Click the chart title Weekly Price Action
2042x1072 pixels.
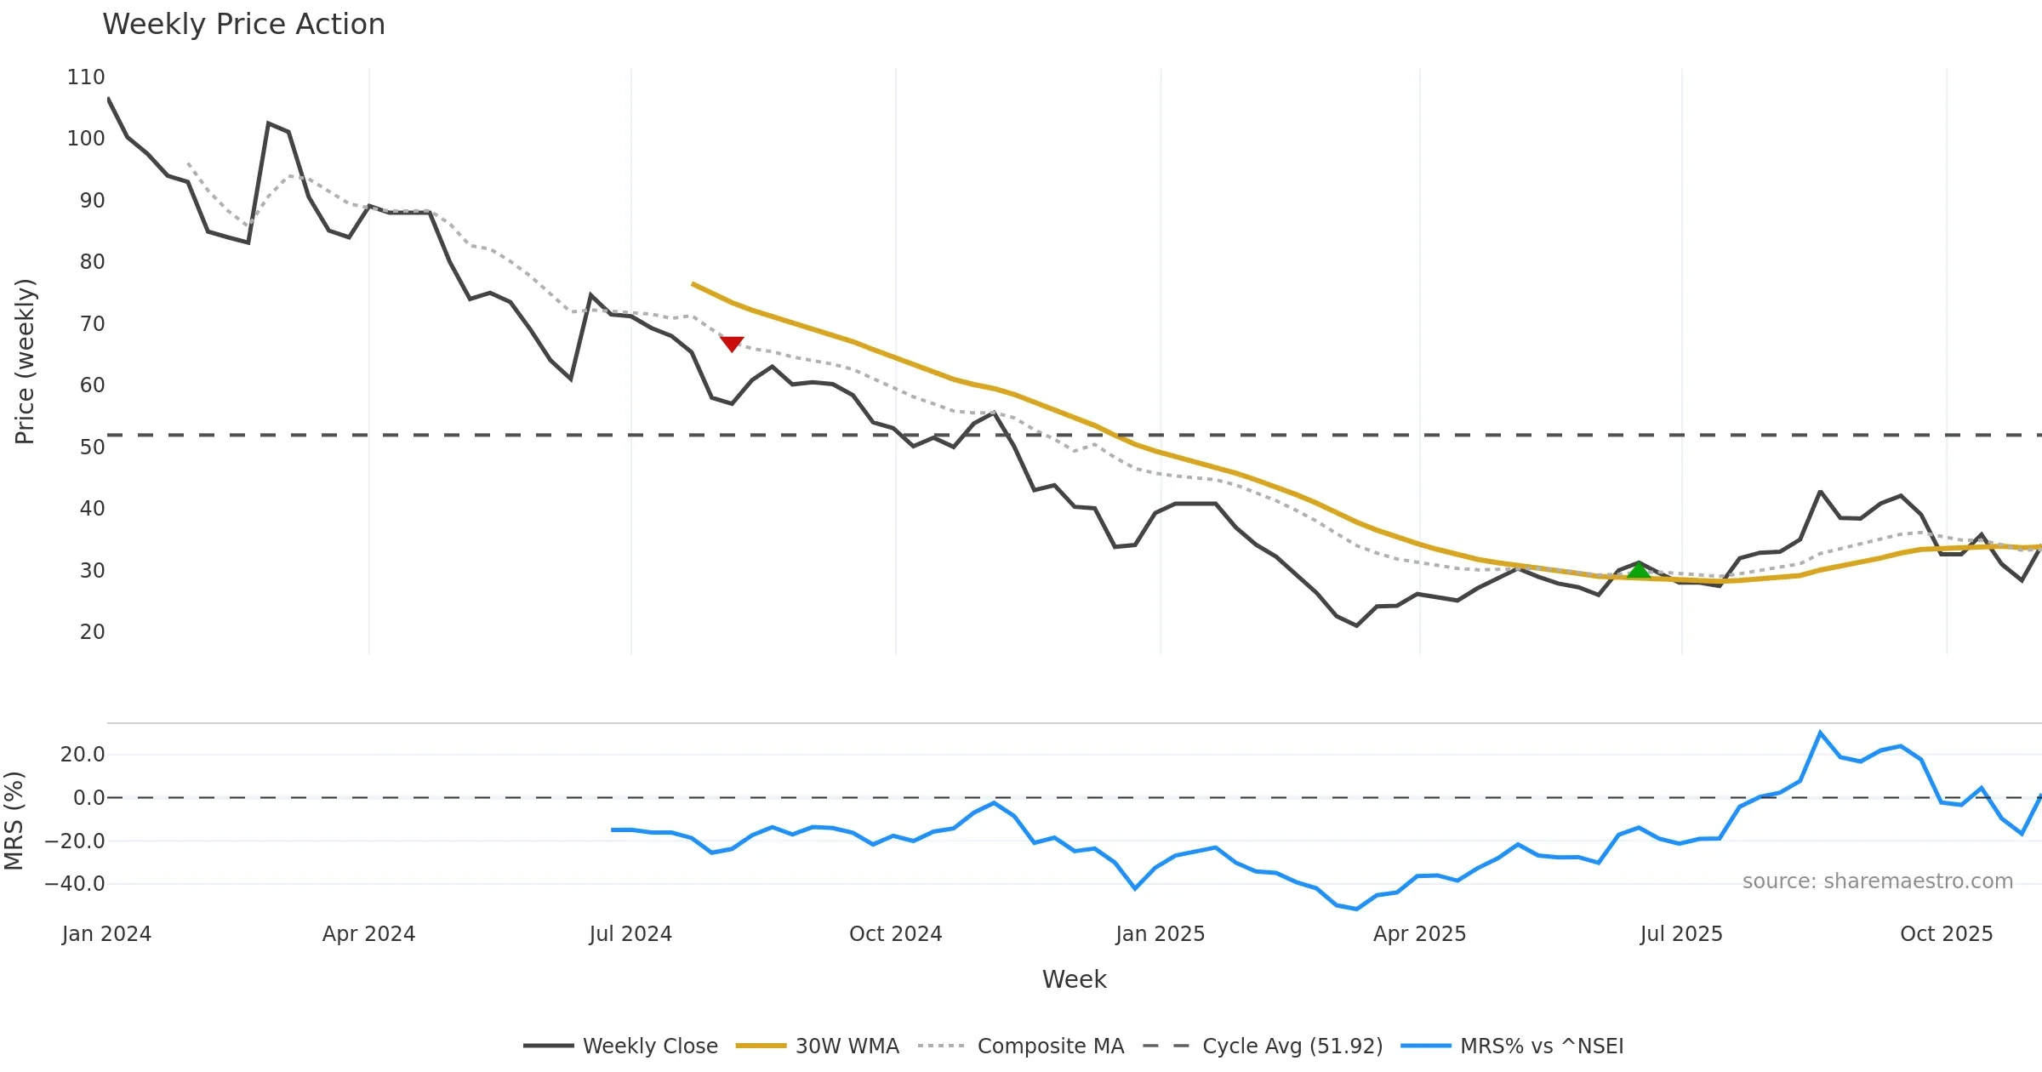[243, 25]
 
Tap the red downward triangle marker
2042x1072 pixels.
[732, 343]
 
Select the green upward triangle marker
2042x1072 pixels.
[1639, 570]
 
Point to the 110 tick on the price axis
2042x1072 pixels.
[86, 77]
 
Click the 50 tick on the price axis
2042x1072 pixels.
[92, 447]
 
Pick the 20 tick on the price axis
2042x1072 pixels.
[92, 632]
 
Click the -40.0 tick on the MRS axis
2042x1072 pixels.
[75, 884]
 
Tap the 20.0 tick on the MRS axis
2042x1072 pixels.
[83, 755]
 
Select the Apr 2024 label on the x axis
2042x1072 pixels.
[368, 934]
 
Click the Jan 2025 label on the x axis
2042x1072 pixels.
[1160, 934]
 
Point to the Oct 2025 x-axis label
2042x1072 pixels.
[1946, 934]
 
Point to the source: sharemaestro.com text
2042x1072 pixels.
[1877, 881]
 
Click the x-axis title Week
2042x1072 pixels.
[1074, 980]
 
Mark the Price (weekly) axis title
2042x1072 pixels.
[25, 362]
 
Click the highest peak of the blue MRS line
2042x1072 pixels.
[1820, 733]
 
